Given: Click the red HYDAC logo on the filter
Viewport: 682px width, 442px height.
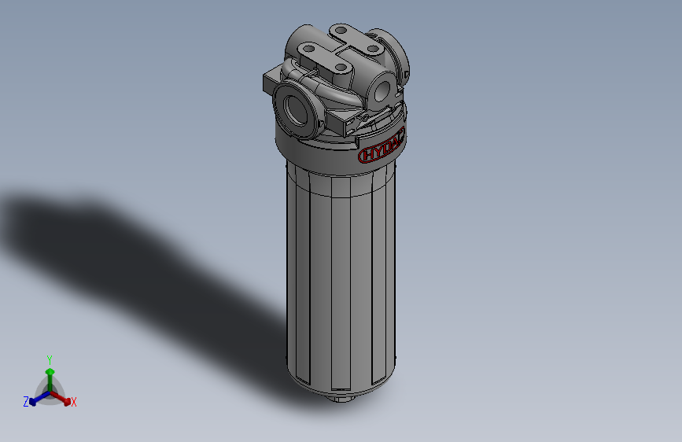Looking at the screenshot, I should pos(380,152).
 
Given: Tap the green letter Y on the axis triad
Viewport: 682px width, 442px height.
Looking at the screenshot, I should pos(50,359).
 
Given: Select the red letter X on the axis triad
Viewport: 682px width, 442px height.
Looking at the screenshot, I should pos(74,403).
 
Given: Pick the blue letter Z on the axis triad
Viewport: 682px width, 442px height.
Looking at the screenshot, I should pos(25,402).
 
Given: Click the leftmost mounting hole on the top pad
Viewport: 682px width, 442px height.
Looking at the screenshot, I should pos(308,49).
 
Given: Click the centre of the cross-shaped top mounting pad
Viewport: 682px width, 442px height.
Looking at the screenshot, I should pos(339,50).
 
